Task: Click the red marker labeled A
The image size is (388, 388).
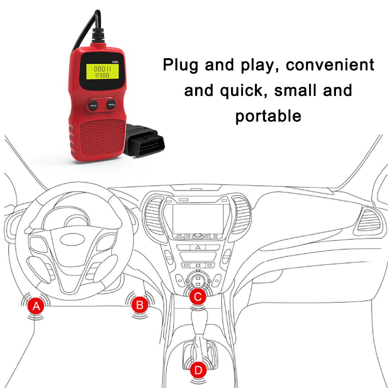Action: (x=36, y=306)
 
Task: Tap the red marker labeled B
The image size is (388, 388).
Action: (x=140, y=305)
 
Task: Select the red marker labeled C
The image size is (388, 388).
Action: (x=198, y=296)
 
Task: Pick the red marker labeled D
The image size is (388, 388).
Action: (x=198, y=371)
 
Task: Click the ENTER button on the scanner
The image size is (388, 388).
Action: (x=93, y=106)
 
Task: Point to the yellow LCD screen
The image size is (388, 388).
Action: (x=102, y=72)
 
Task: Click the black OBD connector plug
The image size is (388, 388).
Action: (x=144, y=140)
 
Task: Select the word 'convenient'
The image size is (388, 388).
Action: (x=330, y=65)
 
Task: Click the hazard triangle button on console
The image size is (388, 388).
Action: (x=198, y=247)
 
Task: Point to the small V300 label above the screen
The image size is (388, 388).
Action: (x=115, y=62)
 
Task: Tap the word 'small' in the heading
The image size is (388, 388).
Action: (x=295, y=90)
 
